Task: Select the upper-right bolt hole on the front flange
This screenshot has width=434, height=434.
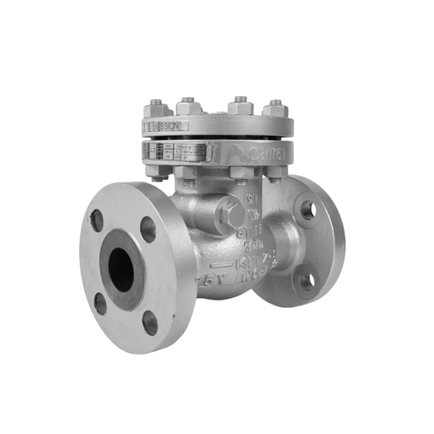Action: click(148, 230)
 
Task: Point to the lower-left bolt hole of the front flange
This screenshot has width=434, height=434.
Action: click(100, 303)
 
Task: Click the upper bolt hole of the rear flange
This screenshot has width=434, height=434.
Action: click(308, 209)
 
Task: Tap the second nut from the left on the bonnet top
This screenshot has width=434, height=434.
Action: click(191, 105)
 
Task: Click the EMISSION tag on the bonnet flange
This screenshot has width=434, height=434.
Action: click(165, 127)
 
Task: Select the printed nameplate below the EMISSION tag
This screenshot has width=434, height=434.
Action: click(180, 151)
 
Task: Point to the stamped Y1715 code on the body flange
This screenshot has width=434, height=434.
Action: click(265, 151)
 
